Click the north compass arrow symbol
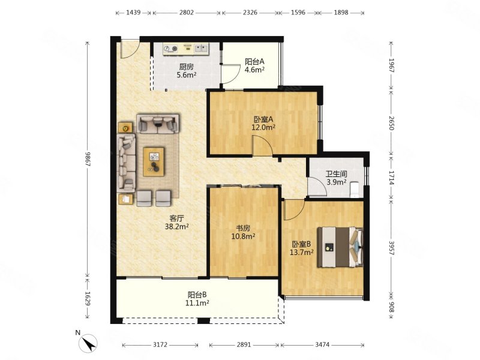(x=88, y=343)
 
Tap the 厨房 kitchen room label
(x=187, y=67)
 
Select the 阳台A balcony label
(x=254, y=61)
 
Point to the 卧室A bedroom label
(x=263, y=119)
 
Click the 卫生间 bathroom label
(x=336, y=174)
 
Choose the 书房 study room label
(x=243, y=228)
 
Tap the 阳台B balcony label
(x=197, y=295)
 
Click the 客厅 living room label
(x=176, y=218)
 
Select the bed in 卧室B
(x=340, y=247)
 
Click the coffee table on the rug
(x=154, y=161)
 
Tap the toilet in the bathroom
(x=355, y=190)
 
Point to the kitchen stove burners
(x=170, y=49)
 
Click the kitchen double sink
(x=201, y=49)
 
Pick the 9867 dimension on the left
(x=88, y=159)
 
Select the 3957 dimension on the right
(x=392, y=248)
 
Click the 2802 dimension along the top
(x=187, y=12)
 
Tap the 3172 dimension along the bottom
(x=160, y=344)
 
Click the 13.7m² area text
(x=302, y=252)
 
